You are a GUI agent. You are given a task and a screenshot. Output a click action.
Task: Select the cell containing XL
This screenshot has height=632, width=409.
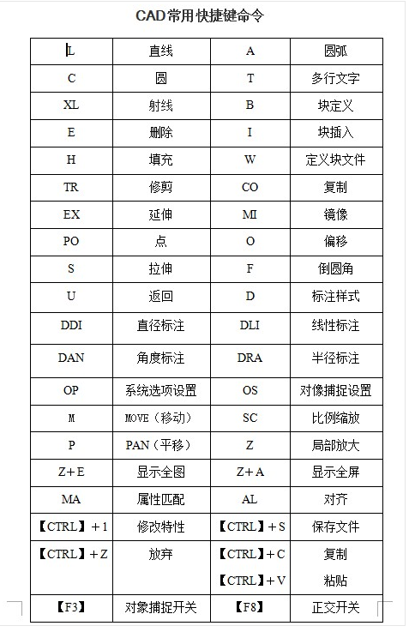click(x=71, y=105)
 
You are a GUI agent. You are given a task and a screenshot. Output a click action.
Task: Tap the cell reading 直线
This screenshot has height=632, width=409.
click(x=160, y=51)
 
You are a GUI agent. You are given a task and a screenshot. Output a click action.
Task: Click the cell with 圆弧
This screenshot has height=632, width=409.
click(x=335, y=51)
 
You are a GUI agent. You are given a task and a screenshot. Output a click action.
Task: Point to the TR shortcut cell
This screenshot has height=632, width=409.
click(x=71, y=187)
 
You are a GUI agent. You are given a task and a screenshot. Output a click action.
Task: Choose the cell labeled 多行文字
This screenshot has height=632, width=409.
click(x=335, y=79)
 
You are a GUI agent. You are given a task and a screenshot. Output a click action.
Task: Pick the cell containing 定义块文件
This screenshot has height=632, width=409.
click(x=335, y=160)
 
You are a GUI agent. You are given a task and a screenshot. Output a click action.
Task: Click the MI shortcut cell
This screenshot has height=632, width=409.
click(x=250, y=214)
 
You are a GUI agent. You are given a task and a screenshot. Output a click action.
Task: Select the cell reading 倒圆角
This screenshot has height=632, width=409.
click(x=335, y=268)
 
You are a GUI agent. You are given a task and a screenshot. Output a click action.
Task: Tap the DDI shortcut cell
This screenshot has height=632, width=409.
click(x=71, y=326)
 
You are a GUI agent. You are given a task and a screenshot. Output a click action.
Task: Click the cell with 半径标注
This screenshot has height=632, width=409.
click(x=335, y=358)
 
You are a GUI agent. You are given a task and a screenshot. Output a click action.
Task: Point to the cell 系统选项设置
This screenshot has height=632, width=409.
click(x=160, y=390)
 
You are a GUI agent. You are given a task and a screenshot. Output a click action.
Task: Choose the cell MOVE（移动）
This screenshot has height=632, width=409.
click(x=160, y=418)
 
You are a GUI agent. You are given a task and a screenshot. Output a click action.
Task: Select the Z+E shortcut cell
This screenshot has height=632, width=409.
click(x=71, y=472)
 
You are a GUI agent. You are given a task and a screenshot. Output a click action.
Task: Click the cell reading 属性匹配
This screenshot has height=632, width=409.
click(x=160, y=499)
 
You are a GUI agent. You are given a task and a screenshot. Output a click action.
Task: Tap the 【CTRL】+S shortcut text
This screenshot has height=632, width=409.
click(x=250, y=526)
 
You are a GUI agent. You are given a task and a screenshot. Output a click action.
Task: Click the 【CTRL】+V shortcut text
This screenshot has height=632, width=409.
click(x=250, y=581)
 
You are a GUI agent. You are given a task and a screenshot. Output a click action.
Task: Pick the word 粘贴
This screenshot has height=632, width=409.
click(x=335, y=581)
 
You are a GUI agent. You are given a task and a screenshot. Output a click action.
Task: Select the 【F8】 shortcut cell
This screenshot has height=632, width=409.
click(x=250, y=608)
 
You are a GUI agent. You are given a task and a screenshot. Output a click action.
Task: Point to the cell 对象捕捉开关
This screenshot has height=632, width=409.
click(x=160, y=608)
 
